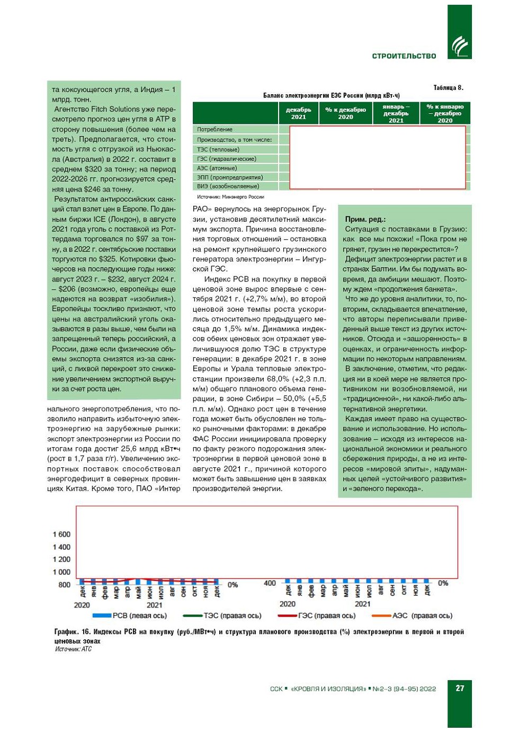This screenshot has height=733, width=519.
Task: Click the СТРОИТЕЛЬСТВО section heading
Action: [404, 56]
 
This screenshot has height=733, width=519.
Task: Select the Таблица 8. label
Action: [448, 88]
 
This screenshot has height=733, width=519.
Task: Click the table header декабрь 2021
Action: [298, 113]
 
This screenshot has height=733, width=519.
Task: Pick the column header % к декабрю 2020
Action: [345, 113]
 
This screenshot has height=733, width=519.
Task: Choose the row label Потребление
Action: [214, 130]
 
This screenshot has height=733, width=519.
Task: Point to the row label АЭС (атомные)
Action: [217, 168]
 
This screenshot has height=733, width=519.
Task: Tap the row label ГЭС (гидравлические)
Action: [226, 159]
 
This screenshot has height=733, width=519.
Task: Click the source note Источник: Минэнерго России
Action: [230, 197]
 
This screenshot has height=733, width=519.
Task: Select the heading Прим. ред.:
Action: [365, 219]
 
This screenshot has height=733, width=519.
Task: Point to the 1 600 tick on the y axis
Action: [61, 535]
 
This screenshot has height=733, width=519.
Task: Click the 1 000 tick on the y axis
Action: [61, 572]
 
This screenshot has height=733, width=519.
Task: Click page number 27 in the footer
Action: [460, 688]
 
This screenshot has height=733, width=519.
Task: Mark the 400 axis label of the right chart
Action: [270, 583]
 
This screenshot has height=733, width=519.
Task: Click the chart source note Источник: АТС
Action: [73, 649]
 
